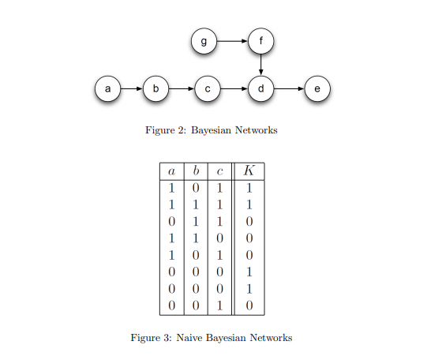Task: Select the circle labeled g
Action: click(x=204, y=41)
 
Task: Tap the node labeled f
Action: click(x=260, y=41)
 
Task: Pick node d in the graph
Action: click(x=260, y=89)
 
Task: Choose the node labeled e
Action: click(x=317, y=89)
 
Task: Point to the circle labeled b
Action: click(x=155, y=89)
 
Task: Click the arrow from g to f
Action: click(x=232, y=41)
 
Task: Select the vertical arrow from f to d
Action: click(x=260, y=65)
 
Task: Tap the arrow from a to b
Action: click(x=131, y=89)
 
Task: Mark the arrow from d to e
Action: click(x=289, y=89)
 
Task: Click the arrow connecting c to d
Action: click(x=234, y=89)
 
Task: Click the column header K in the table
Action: click(x=249, y=171)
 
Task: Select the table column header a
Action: click(x=171, y=171)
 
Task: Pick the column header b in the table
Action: click(x=196, y=171)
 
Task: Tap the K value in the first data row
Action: click(x=249, y=188)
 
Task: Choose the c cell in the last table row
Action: click(x=219, y=305)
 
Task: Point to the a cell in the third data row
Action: click(x=171, y=221)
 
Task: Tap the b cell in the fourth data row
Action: click(x=196, y=238)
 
